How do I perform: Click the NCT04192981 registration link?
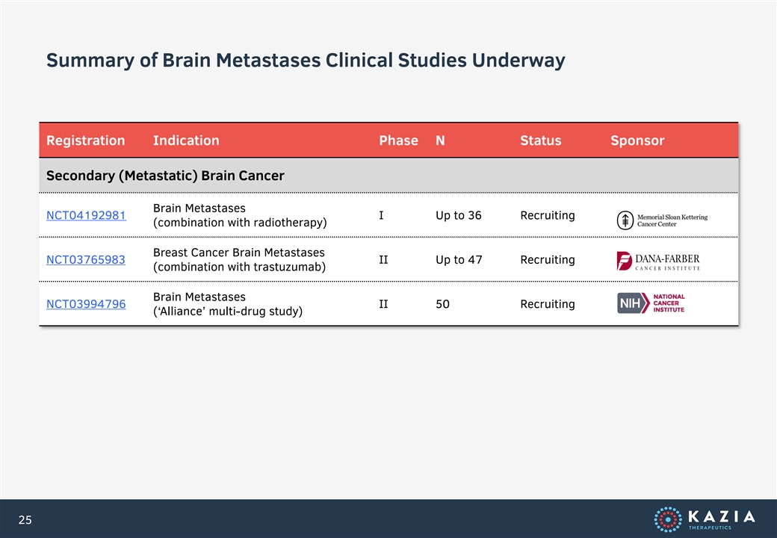[86, 215]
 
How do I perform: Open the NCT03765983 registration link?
[86, 259]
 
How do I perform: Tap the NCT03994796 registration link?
[86, 304]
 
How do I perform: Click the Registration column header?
[86, 140]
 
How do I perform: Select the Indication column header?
[186, 140]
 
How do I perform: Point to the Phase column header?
[398, 140]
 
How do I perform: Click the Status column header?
[541, 140]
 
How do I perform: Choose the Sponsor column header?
[637, 140]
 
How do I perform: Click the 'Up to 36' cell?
[459, 215]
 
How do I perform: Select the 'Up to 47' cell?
[459, 259]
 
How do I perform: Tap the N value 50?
[442, 304]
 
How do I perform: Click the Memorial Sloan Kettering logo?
[662, 220]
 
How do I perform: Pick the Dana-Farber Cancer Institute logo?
[658, 261]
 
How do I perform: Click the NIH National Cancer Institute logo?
[651, 303]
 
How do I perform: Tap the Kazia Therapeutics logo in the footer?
[705, 519]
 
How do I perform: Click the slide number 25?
[25, 519]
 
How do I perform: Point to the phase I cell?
[381, 215]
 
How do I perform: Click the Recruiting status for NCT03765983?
[548, 259]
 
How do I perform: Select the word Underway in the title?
[518, 61]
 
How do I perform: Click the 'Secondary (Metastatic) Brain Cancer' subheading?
[165, 176]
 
